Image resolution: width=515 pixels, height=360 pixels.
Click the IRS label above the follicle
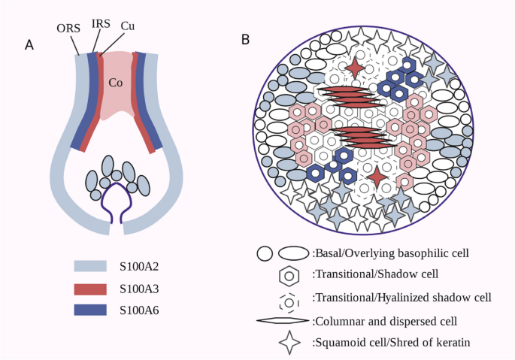coord(101,24)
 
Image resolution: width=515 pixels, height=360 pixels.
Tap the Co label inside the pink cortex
coord(116,82)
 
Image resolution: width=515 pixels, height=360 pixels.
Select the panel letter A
coord(29,46)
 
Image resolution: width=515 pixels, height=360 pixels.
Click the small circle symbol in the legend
coord(265,253)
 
